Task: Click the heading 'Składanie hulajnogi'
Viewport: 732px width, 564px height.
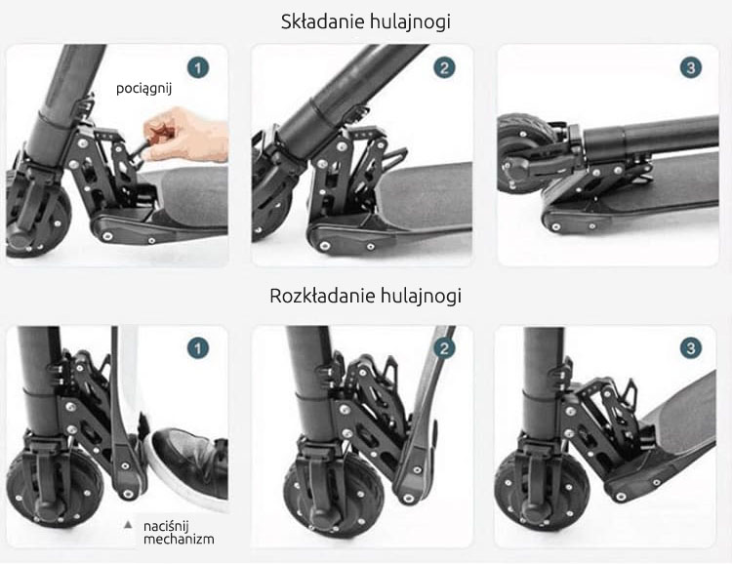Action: pyautogui.click(x=366, y=21)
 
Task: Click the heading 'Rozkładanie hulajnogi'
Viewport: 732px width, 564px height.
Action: pyautogui.click(x=366, y=296)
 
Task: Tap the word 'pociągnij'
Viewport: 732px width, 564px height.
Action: pyautogui.click(x=143, y=88)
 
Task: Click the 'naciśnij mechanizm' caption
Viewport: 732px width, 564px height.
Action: pyautogui.click(x=179, y=533)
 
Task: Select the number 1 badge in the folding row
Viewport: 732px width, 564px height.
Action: pyautogui.click(x=198, y=68)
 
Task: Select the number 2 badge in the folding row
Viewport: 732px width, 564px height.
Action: pyautogui.click(x=444, y=68)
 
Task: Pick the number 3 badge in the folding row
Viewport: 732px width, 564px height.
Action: pyautogui.click(x=690, y=68)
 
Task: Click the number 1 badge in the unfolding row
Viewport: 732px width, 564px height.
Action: pyautogui.click(x=198, y=348)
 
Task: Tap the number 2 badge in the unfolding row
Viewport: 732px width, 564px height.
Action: pyautogui.click(x=444, y=348)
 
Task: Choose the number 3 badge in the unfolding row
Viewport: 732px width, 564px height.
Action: pyautogui.click(x=690, y=348)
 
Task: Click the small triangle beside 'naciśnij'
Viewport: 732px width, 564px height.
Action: pyautogui.click(x=128, y=525)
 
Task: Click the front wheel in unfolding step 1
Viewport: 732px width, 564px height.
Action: pyautogui.click(x=54, y=483)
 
